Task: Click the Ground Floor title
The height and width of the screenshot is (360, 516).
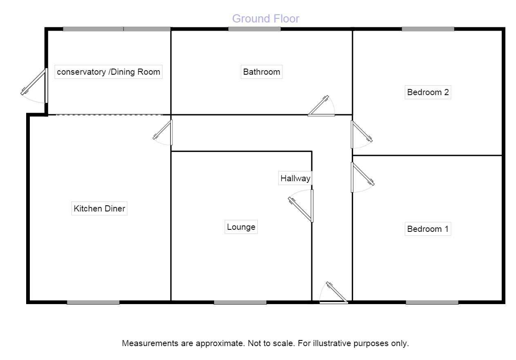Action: [x=266, y=19]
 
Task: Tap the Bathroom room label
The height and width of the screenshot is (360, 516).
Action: [x=261, y=72]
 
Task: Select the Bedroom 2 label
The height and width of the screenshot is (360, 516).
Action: [x=428, y=92]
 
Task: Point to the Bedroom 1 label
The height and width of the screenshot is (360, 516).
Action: [x=428, y=229]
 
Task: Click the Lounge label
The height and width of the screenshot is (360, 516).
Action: [x=241, y=227]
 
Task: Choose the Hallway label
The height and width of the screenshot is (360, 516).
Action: [x=295, y=178]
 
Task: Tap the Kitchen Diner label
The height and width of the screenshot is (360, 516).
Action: [x=99, y=209]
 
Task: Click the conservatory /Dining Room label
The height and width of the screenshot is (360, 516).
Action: [x=108, y=72]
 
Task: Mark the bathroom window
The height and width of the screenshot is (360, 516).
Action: [x=254, y=29]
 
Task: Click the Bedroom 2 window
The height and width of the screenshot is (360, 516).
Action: [x=428, y=29]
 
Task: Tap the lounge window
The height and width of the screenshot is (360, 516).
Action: [x=240, y=302]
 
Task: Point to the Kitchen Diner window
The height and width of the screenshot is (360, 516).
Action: [x=93, y=302]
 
